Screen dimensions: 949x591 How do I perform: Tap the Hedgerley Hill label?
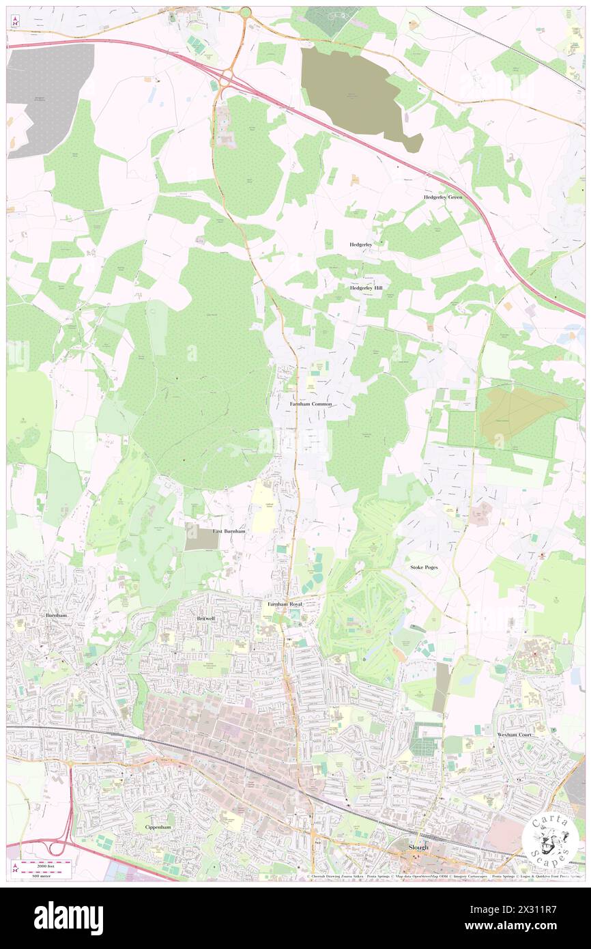pos(366,288)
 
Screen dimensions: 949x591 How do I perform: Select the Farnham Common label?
pos(311,404)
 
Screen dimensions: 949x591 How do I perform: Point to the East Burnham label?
pos(229,530)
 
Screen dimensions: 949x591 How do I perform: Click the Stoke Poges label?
pos(424,567)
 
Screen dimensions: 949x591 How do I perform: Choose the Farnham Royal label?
pos(284,604)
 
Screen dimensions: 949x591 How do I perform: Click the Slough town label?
pos(418,847)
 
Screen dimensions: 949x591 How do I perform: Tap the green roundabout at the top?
pos(244,12)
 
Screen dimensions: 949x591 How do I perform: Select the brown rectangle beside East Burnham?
pos(203,539)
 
